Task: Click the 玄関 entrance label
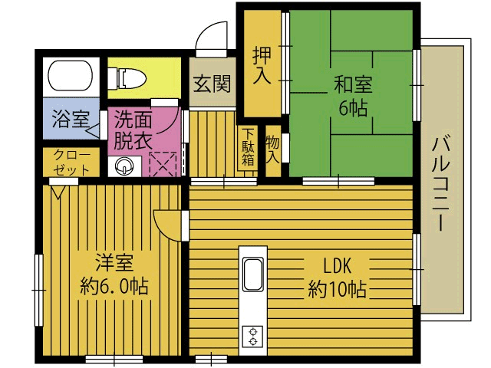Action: tap(212, 84)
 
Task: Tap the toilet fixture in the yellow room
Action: tap(127, 78)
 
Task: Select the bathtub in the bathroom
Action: tap(71, 76)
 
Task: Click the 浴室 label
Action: tap(71, 119)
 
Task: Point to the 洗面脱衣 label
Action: tap(133, 130)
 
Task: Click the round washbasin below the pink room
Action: tap(124, 166)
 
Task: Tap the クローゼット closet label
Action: tap(71, 163)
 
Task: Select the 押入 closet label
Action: tap(262, 65)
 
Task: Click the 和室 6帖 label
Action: tap(353, 96)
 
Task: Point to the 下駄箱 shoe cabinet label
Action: tap(248, 148)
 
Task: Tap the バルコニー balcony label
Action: tap(441, 182)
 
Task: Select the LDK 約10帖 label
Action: tap(337, 278)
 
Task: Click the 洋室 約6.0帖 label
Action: tap(114, 274)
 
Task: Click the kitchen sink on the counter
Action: tap(252, 275)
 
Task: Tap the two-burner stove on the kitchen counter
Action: tap(252, 336)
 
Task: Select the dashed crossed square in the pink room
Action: tap(163, 164)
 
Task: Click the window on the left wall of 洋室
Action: tap(38, 290)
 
